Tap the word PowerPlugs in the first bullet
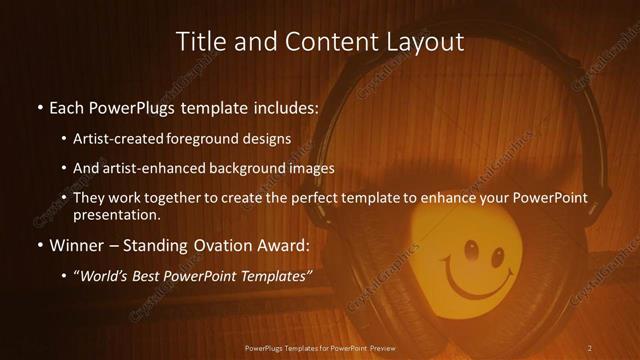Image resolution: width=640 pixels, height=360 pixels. [x=133, y=106]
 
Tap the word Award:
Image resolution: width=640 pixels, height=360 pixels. [x=283, y=244]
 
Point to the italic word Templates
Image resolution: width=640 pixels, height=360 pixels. [x=267, y=275]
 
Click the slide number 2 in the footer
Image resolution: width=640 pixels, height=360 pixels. [x=590, y=347]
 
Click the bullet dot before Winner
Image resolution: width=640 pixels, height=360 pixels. [x=39, y=245]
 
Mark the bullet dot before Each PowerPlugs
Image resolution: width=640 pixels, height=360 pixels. [x=39, y=107]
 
